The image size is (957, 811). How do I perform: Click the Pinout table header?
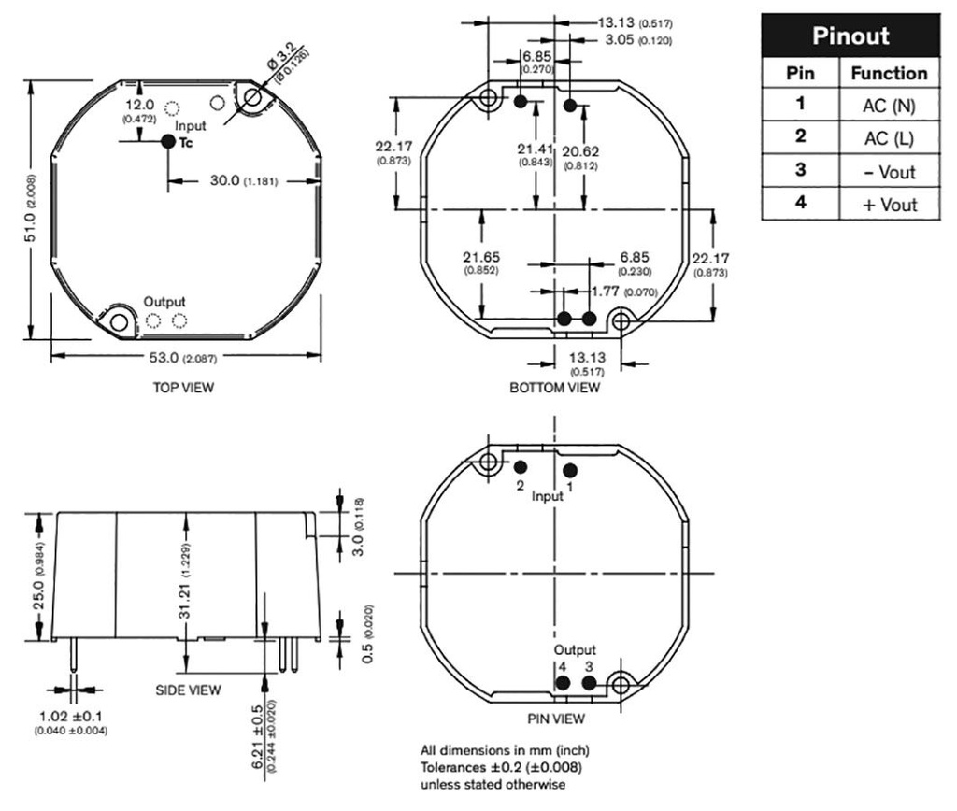850,37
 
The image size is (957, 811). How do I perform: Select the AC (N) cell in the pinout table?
889,107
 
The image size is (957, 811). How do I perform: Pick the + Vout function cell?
889,205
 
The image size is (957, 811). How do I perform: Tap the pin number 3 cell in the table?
800,172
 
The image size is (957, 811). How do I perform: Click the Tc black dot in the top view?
168,142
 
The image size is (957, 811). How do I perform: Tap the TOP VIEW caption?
183,388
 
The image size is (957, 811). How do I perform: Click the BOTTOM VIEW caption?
555,388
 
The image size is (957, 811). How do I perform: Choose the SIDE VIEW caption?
188,690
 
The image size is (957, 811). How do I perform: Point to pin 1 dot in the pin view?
569,470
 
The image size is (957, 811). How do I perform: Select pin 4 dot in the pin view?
563,683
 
